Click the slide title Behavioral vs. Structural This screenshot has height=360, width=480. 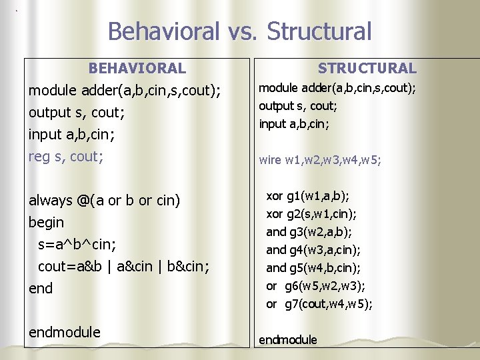pos(239,31)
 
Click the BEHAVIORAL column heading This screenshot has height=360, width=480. pos(137,68)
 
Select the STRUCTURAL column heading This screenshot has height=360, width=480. pos(367,68)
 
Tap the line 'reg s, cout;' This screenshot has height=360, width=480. pos(66,156)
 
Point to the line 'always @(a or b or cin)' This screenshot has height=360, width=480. pos(105,200)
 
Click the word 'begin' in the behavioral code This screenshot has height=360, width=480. pos(47,222)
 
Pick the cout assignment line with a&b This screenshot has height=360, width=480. pos(123,266)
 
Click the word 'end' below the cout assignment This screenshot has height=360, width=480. pos(41,288)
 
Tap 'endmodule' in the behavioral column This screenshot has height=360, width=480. pos(65,332)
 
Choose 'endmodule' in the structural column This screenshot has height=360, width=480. pos(288,340)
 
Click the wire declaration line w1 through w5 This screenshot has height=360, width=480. pos(320,160)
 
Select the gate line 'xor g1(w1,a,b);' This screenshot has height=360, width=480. pos(308,196)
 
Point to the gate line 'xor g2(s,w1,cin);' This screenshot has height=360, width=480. pos(311,214)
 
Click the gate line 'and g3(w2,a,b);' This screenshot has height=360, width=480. pos(309,232)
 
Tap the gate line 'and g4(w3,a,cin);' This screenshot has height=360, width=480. pos(313,250)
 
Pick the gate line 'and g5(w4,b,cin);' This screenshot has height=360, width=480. pos(313,268)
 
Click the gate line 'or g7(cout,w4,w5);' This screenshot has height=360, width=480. pos(319,304)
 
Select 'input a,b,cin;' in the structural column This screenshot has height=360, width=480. pos(294,123)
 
